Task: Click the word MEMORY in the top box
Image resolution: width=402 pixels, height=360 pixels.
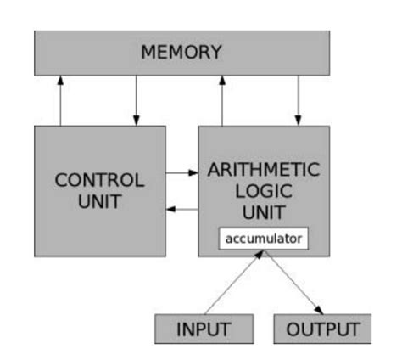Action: tap(181, 53)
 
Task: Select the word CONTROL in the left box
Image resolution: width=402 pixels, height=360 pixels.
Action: tap(99, 181)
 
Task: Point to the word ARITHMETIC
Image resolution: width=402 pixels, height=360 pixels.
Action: tap(264, 168)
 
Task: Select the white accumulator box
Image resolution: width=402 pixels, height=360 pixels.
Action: tap(263, 239)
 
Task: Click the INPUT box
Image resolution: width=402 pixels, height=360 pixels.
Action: tap(204, 329)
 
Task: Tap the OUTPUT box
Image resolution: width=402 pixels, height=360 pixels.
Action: tap(322, 329)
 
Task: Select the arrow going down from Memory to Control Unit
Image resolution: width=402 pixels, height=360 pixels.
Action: tap(136, 100)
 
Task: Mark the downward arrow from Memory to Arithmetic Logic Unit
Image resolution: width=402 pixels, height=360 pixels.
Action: tap(298, 100)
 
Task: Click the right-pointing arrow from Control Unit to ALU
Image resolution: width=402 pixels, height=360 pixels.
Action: tap(181, 173)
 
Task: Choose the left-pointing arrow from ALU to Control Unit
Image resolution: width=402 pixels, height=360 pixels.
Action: tap(181, 208)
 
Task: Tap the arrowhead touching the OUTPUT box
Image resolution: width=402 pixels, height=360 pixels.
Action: tap(320, 311)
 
